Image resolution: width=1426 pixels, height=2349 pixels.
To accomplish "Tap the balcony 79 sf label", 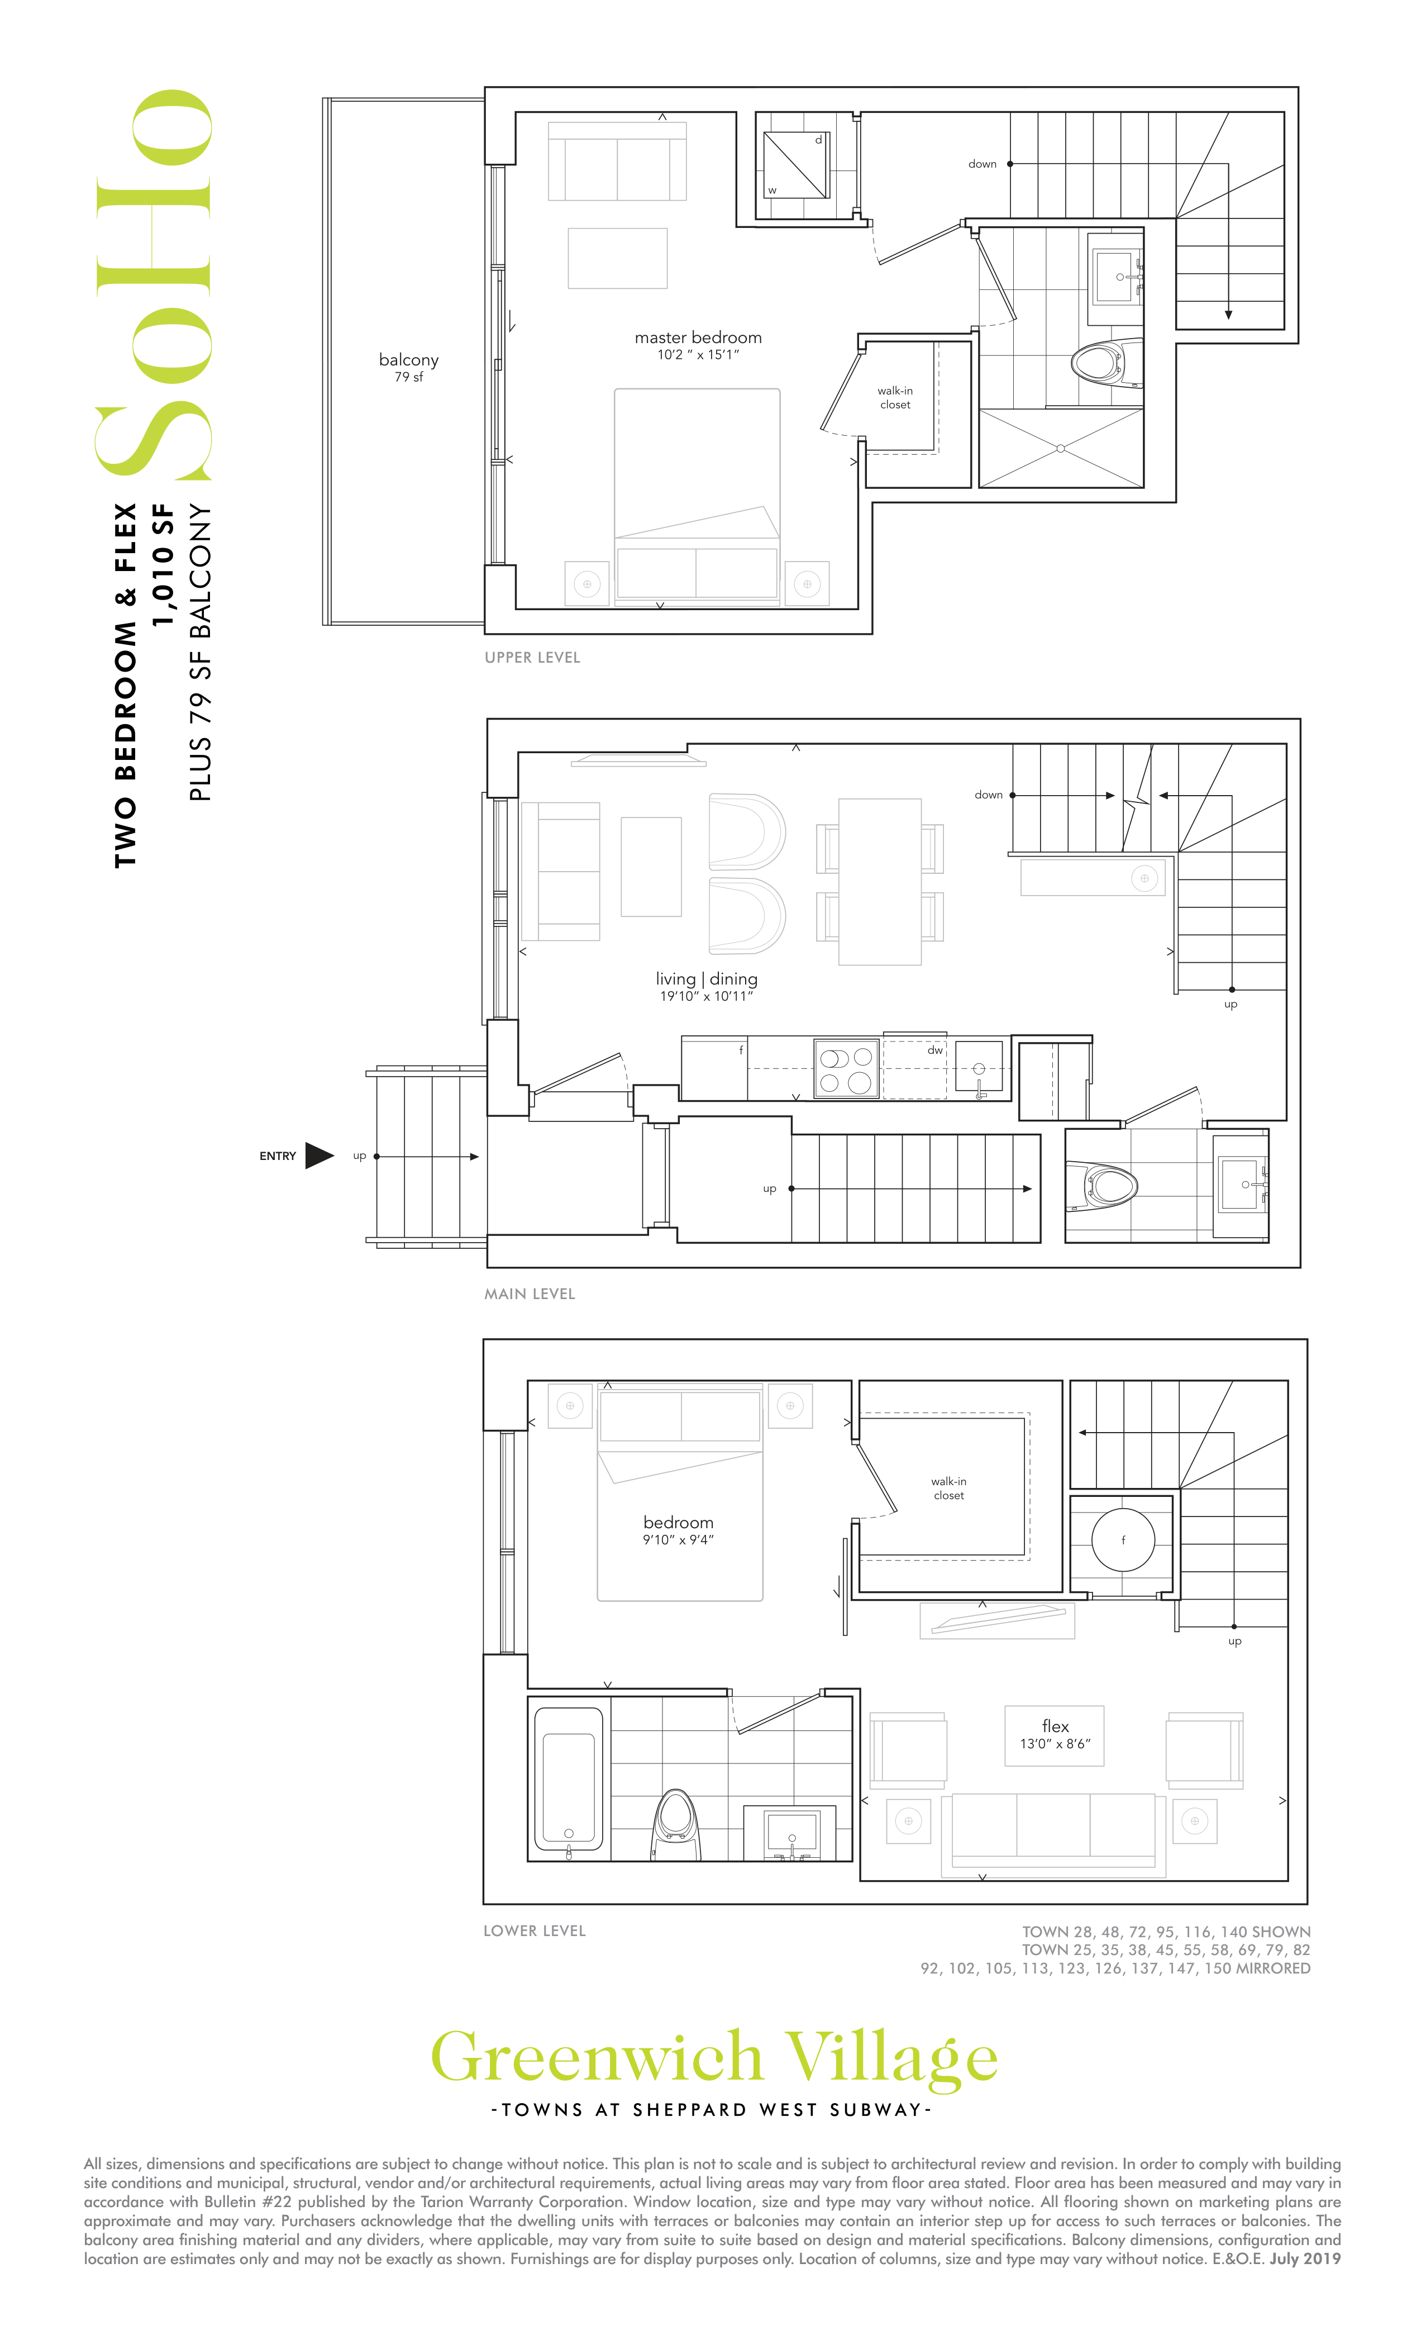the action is pyautogui.click(x=409, y=367).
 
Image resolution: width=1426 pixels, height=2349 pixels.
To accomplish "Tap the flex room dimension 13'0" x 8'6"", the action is pyautogui.click(x=1055, y=1744).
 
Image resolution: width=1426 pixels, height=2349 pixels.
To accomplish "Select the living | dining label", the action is pyautogui.click(x=707, y=979).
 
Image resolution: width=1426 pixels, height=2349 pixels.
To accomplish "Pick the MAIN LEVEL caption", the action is pyautogui.click(x=530, y=1294).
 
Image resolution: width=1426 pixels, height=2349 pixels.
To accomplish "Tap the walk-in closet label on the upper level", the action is pyautogui.click(x=895, y=397).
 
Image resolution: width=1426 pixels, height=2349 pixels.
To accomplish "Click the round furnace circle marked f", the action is pyautogui.click(x=1123, y=1539).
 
